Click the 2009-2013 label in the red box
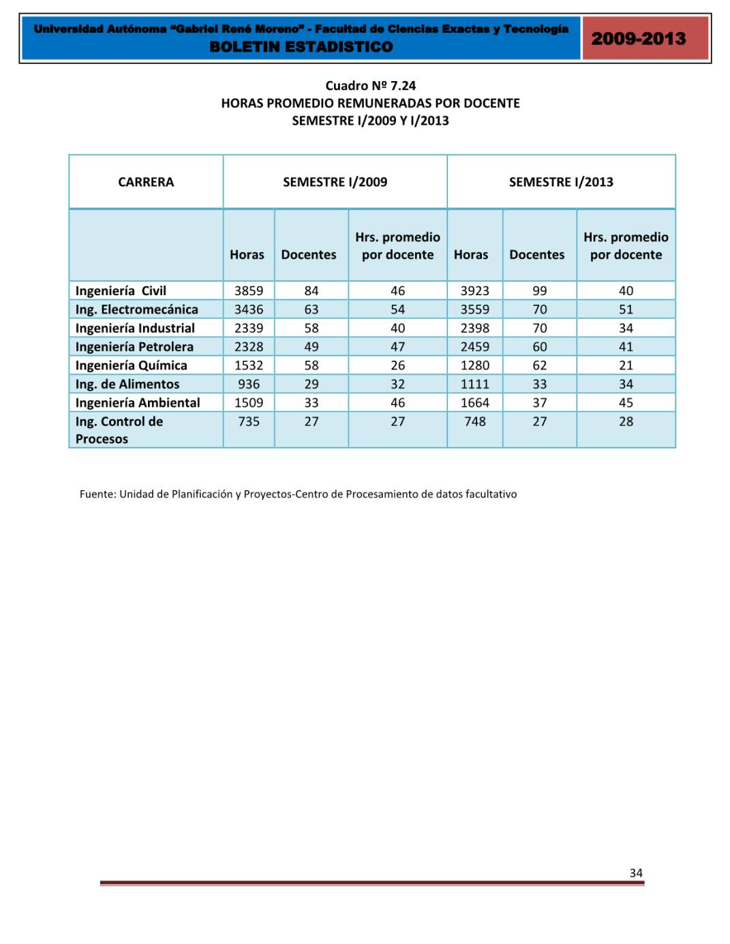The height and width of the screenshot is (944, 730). tap(638, 39)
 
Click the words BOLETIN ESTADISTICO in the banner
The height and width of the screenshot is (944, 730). tap(301, 47)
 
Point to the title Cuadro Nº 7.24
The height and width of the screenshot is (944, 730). tap(370, 86)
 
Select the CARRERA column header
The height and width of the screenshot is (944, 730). tap(146, 182)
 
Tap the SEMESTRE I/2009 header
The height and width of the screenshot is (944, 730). tap(335, 182)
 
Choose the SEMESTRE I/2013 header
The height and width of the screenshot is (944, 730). tap(561, 182)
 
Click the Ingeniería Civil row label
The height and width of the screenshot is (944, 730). tap(121, 291)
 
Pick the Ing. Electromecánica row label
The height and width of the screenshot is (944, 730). tap(136, 309)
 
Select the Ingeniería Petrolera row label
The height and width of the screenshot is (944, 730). tap(134, 347)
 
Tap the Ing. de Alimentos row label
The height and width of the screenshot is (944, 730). tap(127, 384)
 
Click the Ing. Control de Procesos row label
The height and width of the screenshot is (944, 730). tap(119, 430)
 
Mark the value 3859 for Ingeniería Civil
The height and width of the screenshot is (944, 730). tap(249, 291)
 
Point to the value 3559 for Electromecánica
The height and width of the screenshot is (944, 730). tap(474, 309)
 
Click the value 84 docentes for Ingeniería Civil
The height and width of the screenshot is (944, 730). tap(311, 291)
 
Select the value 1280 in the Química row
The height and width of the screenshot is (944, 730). tap(474, 365)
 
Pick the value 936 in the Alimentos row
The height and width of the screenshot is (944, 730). tap(249, 384)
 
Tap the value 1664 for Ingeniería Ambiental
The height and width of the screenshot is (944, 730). tap(474, 403)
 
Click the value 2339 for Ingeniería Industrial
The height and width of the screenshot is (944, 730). tap(249, 329)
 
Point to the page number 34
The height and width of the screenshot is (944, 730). tap(636, 873)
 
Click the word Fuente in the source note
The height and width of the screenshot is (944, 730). tap(97, 494)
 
